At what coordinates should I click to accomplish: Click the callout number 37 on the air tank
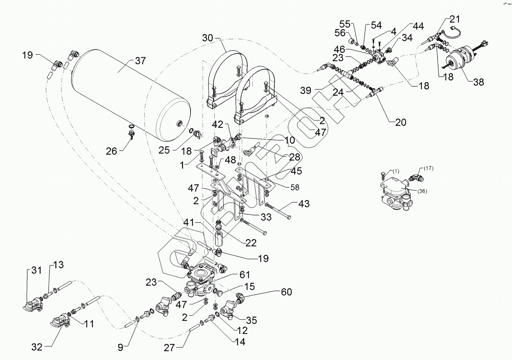140,61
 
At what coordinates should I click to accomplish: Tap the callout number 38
478,82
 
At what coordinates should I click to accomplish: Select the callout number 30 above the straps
207,38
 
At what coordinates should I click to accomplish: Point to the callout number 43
304,203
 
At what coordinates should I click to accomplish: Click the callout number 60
286,292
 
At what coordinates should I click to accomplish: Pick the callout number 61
245,274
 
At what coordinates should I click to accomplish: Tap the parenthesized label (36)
422,191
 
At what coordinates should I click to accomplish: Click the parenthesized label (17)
428,168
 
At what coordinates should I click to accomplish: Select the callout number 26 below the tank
111,151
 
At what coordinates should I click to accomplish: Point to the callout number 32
37,347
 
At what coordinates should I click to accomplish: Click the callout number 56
340,33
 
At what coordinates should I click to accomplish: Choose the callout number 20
401,122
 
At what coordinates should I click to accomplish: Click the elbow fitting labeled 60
240,297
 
